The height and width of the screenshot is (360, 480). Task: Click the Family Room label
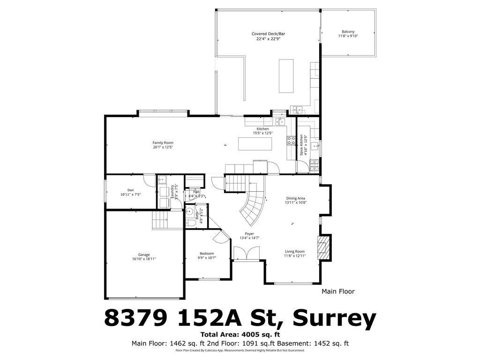tap(163, 145)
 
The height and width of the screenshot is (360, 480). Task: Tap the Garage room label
tap(144, 257)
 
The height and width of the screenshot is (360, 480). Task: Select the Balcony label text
tap(348, 34)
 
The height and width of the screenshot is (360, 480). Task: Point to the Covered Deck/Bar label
tap(268, 37)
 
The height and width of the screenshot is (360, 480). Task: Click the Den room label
tap(131, 192)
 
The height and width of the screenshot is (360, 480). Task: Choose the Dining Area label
tap(295, 201)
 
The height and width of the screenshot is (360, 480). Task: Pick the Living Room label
tap(295, 254)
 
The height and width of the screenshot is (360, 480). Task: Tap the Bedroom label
tap(207, 255)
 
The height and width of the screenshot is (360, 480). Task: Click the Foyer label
tap(249, 236)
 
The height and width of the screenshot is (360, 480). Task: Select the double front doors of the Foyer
tap(246, 253)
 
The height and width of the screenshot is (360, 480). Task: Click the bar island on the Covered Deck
tap(285, 76)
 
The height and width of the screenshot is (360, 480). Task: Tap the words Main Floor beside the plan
tap(338, 292)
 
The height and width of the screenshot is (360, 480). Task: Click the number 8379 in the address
tap(135, 319)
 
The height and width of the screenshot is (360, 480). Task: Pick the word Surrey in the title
tap(335, 319)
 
